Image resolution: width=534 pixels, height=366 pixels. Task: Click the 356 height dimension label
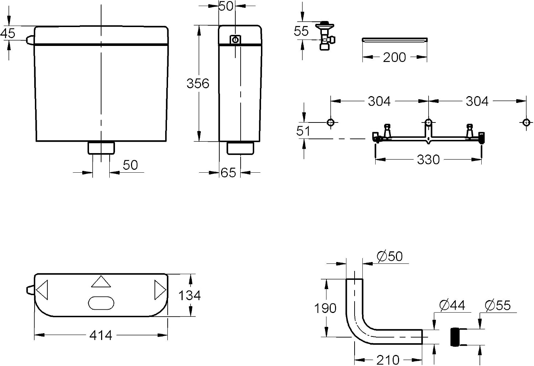(x=198, y=83)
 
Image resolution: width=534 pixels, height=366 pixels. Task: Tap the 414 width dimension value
(x=101, y=335)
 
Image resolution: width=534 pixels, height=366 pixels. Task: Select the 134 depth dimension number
(x=189, y=296)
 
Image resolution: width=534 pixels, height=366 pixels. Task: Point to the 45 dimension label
(x=7, y=33)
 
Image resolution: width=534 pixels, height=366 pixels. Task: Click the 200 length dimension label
(x=394, y=57)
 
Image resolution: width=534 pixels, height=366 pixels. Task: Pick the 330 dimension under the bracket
(x=428, y=160)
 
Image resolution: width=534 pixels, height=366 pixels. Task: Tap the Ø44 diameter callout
(x=452, y=305)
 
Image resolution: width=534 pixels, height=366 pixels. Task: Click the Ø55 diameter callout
(x=498, y=305)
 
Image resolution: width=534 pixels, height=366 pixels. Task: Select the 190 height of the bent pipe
(x=325, y=308)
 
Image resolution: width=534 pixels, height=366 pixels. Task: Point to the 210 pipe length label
(x=388, y=360)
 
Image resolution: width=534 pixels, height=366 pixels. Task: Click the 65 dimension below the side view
(x=228, y=173)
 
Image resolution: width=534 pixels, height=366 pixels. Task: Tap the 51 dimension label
(x=303, y=131)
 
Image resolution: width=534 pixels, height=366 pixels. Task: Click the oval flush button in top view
(x=101, y=303)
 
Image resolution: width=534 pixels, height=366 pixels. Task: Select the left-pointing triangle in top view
(x=42, y=290)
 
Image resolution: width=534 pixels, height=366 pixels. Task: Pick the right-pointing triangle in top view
(x=160, y=290)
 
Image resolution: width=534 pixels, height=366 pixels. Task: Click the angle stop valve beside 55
(x=325, y=36)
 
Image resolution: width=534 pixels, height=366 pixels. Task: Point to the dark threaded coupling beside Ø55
(x=455, y=337)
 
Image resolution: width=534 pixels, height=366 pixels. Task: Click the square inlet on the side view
(x=235, y=40)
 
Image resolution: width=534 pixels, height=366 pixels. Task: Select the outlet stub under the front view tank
(x=101, y=148)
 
